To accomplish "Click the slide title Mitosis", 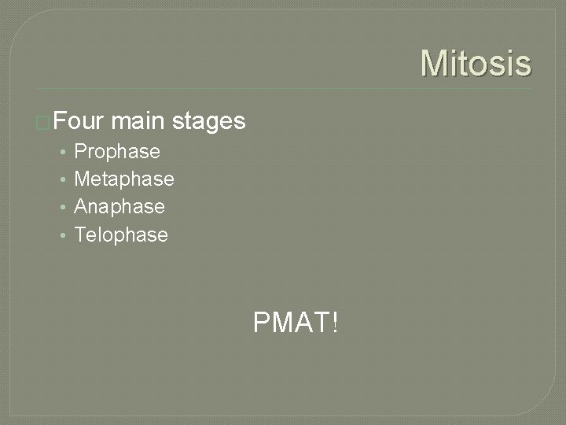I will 476,63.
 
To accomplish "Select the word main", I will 138,121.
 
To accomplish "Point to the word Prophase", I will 116,151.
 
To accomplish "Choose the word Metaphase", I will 123,179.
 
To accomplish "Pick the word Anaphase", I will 119,206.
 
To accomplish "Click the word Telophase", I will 120,235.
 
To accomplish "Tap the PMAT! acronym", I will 296,321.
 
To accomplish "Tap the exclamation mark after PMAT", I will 336,321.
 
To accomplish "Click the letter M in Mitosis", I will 435,63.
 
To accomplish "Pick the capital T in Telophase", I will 79,235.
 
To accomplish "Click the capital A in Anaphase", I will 80,206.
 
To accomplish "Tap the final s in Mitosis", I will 523,65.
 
